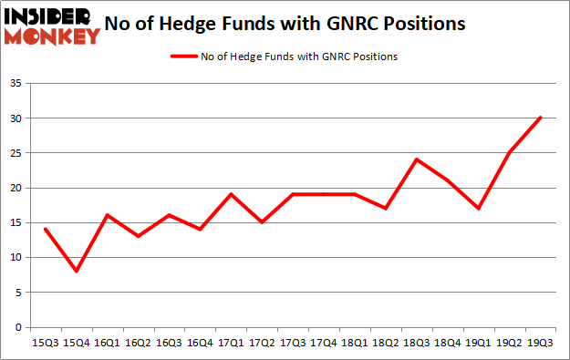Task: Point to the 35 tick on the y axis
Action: pos(17,84)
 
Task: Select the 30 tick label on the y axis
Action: pos(17,118)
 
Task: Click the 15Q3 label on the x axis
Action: pos(44,342)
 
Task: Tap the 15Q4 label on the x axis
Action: pos(75,342)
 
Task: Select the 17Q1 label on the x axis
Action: pos(230,342)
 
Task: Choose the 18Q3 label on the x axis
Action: pos(416,342)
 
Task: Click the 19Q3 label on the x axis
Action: pos(540,342)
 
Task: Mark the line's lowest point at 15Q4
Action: pos(75,272)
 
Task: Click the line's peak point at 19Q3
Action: pos(540,118)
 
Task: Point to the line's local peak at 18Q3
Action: pos(416,159)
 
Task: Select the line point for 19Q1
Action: pos(478,209)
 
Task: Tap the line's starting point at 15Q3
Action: pos(44,230)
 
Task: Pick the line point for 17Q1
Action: pos(230,194)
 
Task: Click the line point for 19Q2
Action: pos(509,152)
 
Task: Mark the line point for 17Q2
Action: pos(261,222)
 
